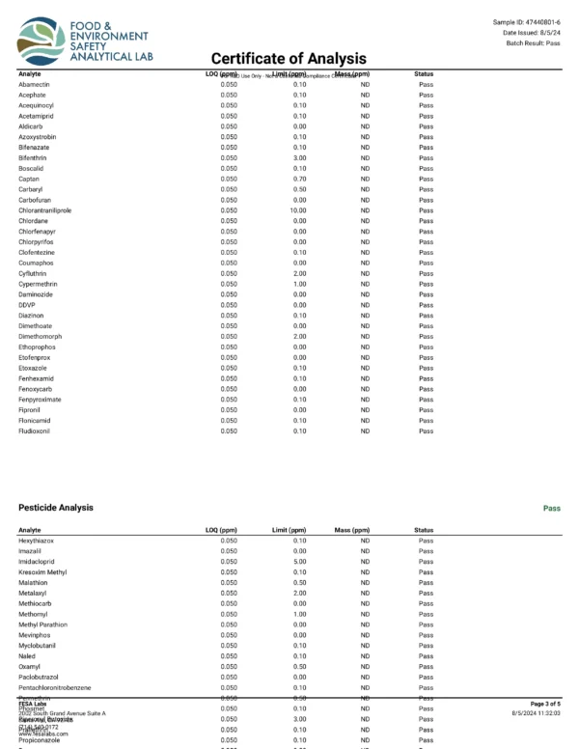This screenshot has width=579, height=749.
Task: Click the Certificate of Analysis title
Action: coord(289,59)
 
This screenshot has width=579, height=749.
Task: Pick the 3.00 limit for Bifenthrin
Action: coord(300,158)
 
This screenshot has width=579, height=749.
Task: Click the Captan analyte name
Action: coord(29,180)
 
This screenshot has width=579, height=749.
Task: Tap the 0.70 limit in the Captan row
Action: coord(300,180)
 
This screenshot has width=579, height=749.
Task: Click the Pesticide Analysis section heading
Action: coord(56,508)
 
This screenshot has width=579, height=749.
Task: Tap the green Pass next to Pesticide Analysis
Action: coord(551,508)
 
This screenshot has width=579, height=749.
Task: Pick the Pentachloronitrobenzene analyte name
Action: coord(55,687)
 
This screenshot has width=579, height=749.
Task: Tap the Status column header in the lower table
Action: coord(424,530)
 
